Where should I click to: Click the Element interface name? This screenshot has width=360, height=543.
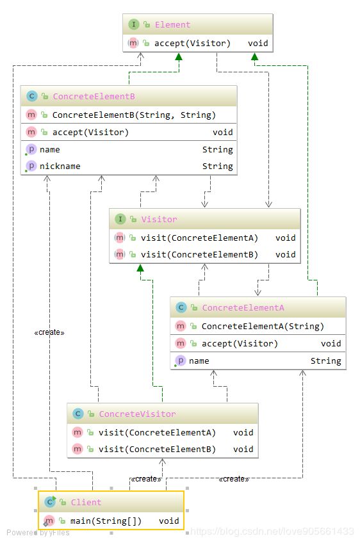172,24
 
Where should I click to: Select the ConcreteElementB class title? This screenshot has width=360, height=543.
94,96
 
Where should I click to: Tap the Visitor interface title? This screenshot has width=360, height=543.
159,219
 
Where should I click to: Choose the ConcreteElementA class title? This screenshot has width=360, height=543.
243,307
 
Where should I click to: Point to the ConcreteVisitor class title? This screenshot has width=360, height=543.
137,414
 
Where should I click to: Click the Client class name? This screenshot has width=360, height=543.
86,502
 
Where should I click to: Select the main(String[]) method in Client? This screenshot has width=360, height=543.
106,521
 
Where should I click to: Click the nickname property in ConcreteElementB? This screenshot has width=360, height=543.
60,166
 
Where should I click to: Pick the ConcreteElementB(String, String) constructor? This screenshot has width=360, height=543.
134,115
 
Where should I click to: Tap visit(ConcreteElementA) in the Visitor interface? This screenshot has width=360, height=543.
199,238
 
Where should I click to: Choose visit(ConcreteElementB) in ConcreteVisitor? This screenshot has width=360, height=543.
157,449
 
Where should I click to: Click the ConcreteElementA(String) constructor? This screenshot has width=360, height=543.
263,326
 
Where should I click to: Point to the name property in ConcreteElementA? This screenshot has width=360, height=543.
199,361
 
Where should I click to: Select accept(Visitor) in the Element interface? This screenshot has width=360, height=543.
192,44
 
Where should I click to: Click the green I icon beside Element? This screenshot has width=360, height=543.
133,24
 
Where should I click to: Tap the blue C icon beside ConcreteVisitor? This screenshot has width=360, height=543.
78,414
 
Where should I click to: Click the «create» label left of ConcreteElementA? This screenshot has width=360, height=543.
49,332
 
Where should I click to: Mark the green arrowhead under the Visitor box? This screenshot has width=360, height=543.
140,268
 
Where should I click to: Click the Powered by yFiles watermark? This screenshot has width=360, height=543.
38,533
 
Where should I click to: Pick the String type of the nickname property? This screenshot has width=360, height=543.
218,166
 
